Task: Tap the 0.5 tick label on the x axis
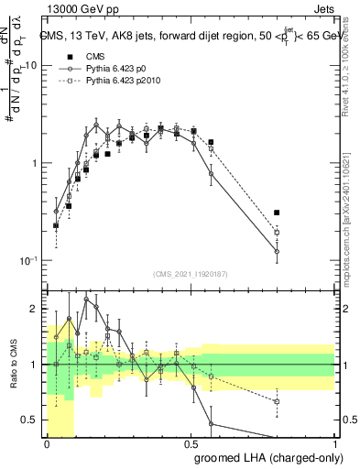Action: (x=190, y=444)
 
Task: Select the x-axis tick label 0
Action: (x=46, y=444)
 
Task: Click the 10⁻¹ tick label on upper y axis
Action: (x=29, y=260)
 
